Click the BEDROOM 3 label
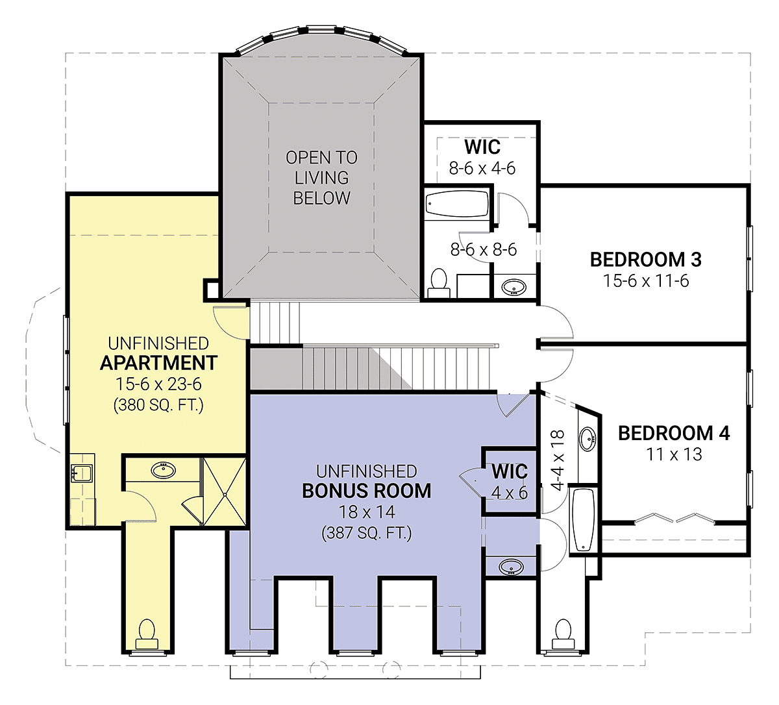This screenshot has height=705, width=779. (x=646, y=260)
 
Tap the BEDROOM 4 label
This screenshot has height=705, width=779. (x=674, y=434)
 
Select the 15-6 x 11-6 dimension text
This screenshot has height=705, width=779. (x=646, y=281)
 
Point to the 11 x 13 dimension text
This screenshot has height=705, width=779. (x=674, y=454)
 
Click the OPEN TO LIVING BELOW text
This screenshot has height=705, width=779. (x=321, y=178)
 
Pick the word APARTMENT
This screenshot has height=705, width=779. (x=158, y=363)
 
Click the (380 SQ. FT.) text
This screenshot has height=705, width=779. (x=158, y=405)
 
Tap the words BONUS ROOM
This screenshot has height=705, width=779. (x=367, y=491)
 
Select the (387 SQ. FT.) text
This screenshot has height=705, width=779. (x=367, y=533)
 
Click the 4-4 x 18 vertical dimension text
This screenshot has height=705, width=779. (x=558, y=460)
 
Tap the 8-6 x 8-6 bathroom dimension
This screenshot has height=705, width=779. (x=484, y=250)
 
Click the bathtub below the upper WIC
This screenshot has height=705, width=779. (x=456, y=204)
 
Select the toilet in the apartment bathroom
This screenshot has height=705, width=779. (x=147, y=634)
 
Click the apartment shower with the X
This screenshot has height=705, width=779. (x=225, y=492)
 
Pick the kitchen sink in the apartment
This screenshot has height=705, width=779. (x=81, y=473)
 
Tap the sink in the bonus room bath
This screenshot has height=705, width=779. (x=511, y=567)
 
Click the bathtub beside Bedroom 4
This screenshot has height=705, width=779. (x=584, y=520)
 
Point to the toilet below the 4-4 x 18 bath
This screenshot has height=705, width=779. (x=563, y=634)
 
